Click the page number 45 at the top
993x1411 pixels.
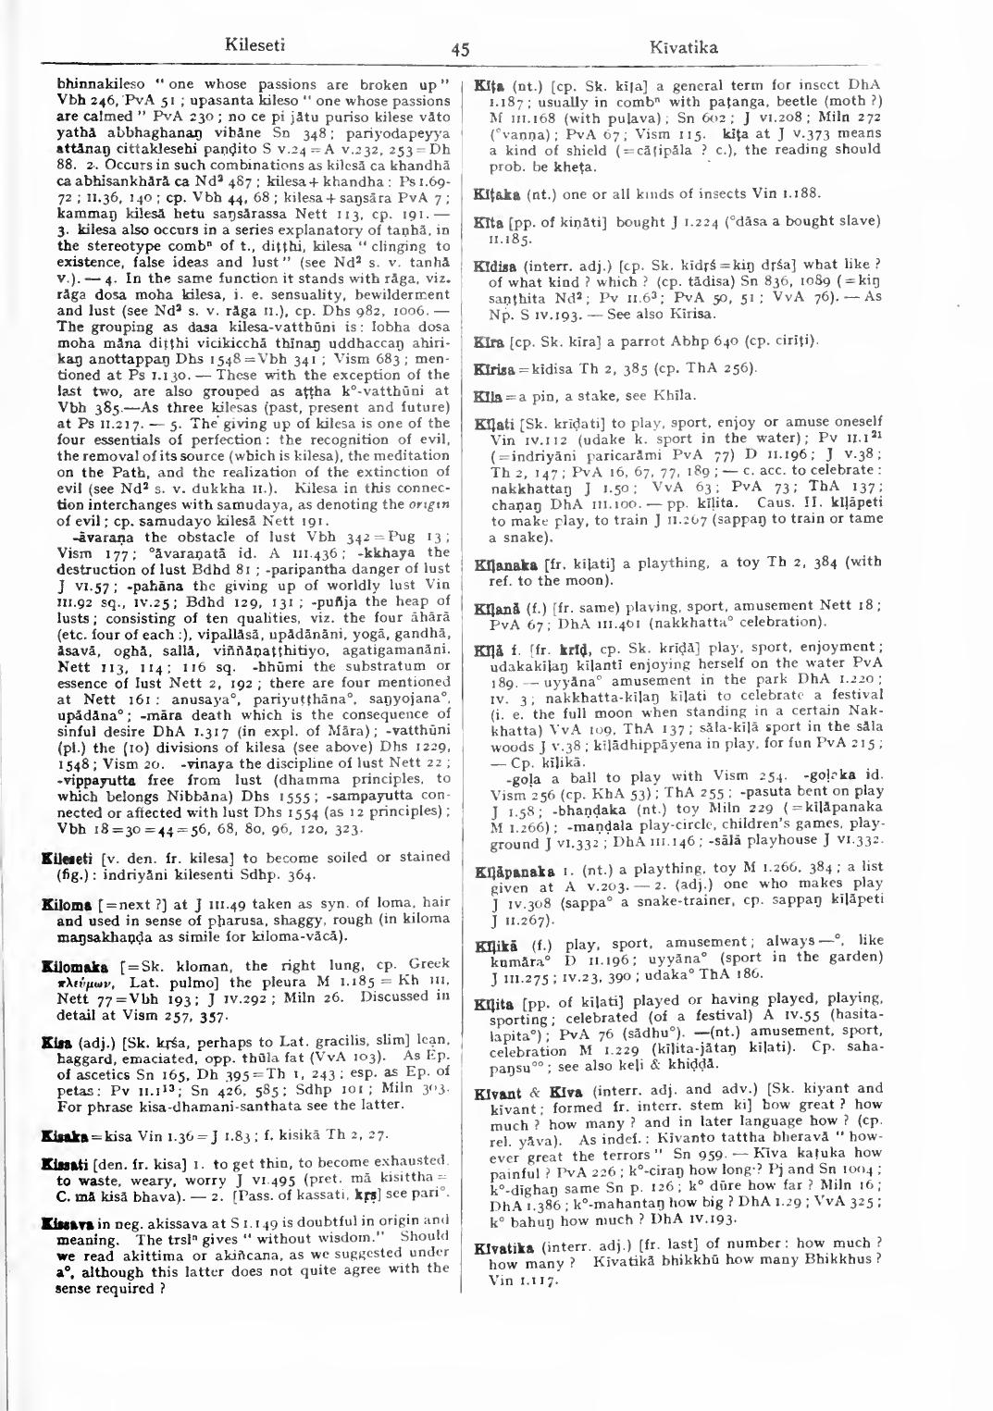pos(460,50)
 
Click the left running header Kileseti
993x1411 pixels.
pos(254,44)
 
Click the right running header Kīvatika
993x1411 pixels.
pos(683,46)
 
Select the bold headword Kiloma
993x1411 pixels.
pos(69,902)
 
